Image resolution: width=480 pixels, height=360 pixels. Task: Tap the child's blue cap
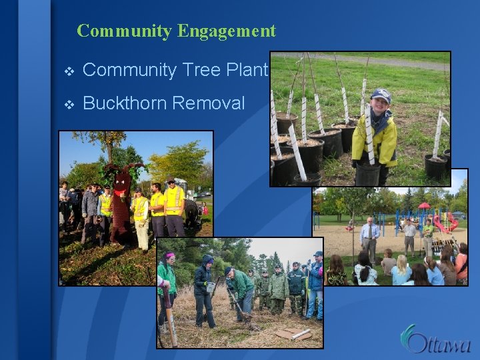[381, 95]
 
